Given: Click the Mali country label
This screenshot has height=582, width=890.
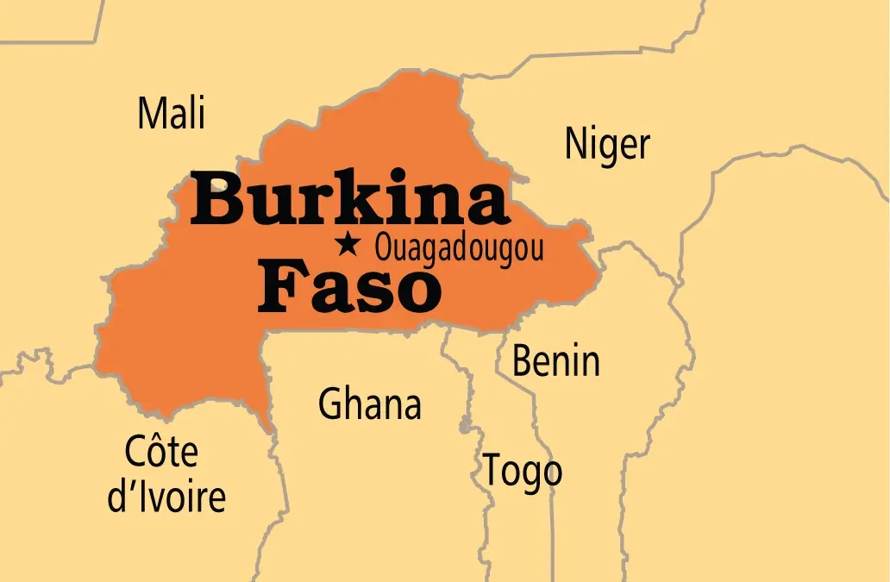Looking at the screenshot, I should point(172,113).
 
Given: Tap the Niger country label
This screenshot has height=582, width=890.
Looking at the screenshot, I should point(607,144).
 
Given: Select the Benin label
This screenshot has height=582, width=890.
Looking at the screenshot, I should point(555,360).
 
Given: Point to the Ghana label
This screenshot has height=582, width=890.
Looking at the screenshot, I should point(370,404).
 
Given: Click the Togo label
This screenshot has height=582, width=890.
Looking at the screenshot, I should point(522,471).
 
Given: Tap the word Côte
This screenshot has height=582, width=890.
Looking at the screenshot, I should point(161,452).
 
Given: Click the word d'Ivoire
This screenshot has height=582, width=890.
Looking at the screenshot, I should point(166,498).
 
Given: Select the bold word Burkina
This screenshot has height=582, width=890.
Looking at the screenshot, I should point(349,200).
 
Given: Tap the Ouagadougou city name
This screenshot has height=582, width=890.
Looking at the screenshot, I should point(459,249).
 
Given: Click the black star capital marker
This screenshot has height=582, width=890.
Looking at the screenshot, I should point(348,245).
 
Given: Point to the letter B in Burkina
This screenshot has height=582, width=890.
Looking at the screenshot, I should point(216,200).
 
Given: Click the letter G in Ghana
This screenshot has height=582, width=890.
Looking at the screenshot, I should point(330,404).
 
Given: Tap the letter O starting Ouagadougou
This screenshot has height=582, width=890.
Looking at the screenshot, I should point(382,249).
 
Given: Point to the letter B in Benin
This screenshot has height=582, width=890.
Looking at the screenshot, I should point(523,360).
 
